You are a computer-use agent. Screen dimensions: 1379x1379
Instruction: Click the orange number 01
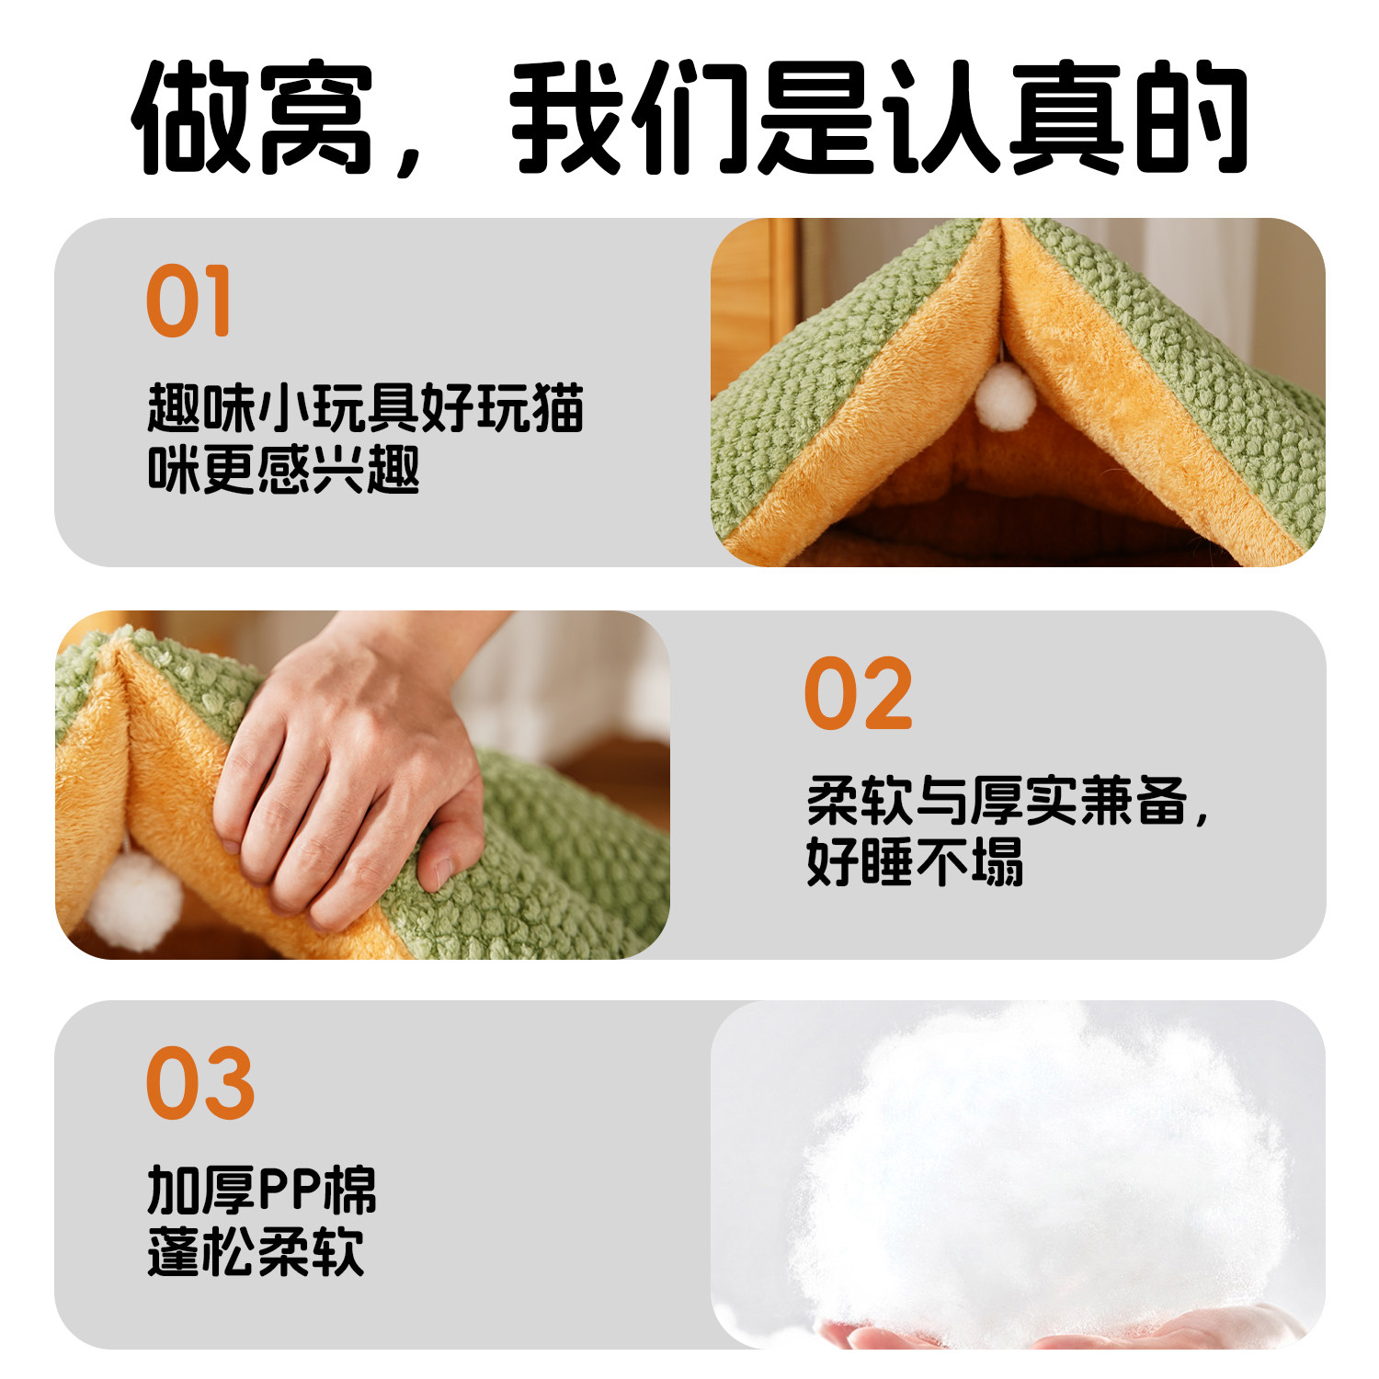pyautogui.click(x=188, y=302)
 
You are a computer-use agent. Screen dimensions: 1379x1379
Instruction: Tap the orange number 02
pyautogui.click(x=858, y=694)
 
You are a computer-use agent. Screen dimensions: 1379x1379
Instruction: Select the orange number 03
pyautogui.click(x=200, y=1084)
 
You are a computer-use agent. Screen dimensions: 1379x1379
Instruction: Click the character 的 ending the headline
pyautogui.click(x=1191, y=118)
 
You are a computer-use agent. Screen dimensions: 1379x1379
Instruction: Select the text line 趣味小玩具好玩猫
pyautogui.click(x=365, y=409)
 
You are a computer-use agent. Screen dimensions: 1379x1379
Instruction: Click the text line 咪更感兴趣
pyautogui.click(x=283, y=470)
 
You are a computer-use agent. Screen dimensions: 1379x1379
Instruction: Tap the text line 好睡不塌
pyautogui.click(x=915, y=861)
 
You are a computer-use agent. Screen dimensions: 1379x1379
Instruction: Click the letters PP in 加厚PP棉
pyautogui.click(x=288, y=1191)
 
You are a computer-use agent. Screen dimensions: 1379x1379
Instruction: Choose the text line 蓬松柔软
pyautogui.click(x=256, y=1252)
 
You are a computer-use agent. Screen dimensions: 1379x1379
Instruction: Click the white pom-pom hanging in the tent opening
pyautogui.click(x=1005, y=395)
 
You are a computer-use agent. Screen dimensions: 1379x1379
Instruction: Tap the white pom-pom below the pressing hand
pyautogui.click(x=137, y=899)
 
